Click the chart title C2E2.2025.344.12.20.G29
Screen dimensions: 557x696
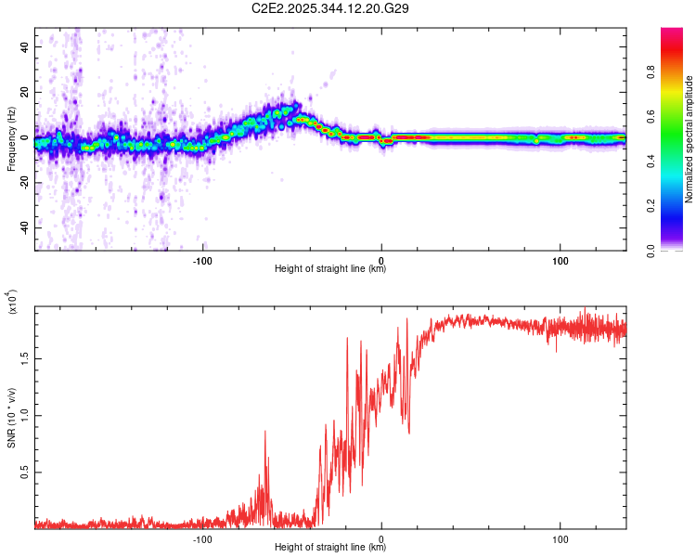coord(345,8)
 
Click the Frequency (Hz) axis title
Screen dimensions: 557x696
coord(12,138)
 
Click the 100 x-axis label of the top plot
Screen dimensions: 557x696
coord(561,259)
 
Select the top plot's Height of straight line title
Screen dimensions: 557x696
coord(330,269)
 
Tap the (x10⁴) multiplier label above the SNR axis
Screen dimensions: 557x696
coord(12,302)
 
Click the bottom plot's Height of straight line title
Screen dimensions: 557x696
coord(330,548)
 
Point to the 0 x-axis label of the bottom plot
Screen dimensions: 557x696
coord(381,538)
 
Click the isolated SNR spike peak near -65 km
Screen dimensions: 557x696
coord(265,431)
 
